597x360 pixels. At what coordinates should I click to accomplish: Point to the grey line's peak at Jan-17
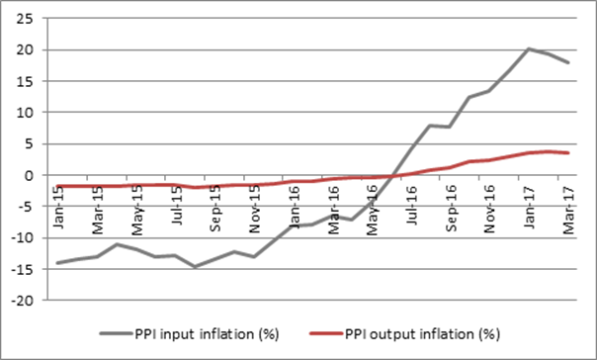point(530,48)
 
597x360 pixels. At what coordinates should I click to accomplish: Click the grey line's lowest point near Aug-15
point(196,266)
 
